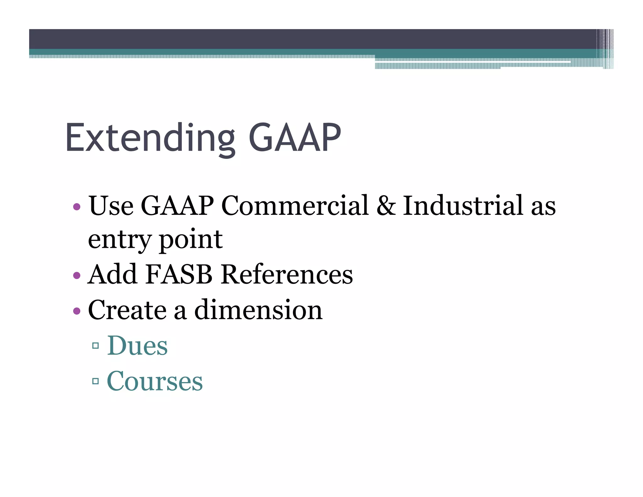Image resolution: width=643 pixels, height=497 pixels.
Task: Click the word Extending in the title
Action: click(150, 138)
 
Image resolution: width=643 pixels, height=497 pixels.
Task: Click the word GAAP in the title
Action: click(295, 138)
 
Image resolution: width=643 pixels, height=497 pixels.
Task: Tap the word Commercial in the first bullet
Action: click(295, 206)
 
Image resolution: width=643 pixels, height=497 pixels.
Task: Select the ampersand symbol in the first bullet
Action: click(386, 206)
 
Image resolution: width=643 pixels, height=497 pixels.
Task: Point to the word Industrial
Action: click(463, 206)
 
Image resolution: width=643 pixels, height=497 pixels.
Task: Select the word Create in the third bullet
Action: click(127, 310)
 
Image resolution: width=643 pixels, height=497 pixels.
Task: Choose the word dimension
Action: click(258, 310)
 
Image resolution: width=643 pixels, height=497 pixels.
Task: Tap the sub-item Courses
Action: click(155, 381)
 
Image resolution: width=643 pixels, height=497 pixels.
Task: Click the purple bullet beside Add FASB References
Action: click(77, 276)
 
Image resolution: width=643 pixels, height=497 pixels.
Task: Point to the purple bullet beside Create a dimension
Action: click(77, 311)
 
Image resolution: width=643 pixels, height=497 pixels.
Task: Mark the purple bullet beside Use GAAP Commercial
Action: click(77, 207)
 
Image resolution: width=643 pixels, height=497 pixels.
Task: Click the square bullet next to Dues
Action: click(96, 346)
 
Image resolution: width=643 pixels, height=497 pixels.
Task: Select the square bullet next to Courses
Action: click(96, 381)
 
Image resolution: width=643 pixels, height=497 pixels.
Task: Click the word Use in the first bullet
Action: click(111, 206)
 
